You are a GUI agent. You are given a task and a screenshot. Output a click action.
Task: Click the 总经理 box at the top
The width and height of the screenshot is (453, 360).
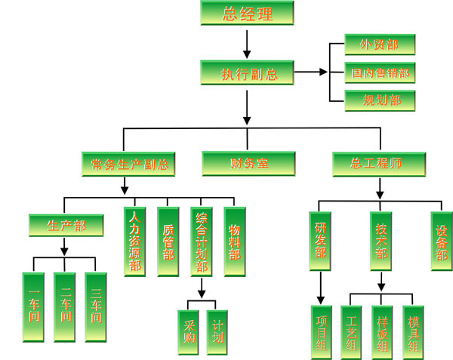click(x=247, y=13)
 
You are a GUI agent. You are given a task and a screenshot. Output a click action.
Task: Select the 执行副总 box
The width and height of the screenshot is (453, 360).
click(x=248, y=73)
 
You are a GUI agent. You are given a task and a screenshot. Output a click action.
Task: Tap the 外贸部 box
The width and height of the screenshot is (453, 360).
click(x=380, y=44)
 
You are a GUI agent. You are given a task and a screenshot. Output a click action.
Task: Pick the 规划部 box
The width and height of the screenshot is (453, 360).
click(x=380, y=99)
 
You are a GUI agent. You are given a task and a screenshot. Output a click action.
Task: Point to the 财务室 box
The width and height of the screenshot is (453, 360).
click(x=248, y=163)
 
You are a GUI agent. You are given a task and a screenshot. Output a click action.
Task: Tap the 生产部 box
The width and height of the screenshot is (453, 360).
click(x=66, y=226)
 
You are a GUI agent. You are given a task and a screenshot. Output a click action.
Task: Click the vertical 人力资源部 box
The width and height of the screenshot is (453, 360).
click(x=135, y=240)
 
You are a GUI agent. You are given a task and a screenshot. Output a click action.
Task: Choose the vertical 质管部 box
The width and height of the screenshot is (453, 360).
click(x=168, y=240)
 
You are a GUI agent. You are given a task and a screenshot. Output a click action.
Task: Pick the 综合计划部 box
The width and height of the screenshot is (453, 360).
click(x=202, y=240)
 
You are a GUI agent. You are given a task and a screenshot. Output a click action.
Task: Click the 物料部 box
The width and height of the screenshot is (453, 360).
click(x=234, y=240)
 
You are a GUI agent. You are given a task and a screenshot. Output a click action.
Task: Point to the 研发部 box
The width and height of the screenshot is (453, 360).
click(x=320, y=240)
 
